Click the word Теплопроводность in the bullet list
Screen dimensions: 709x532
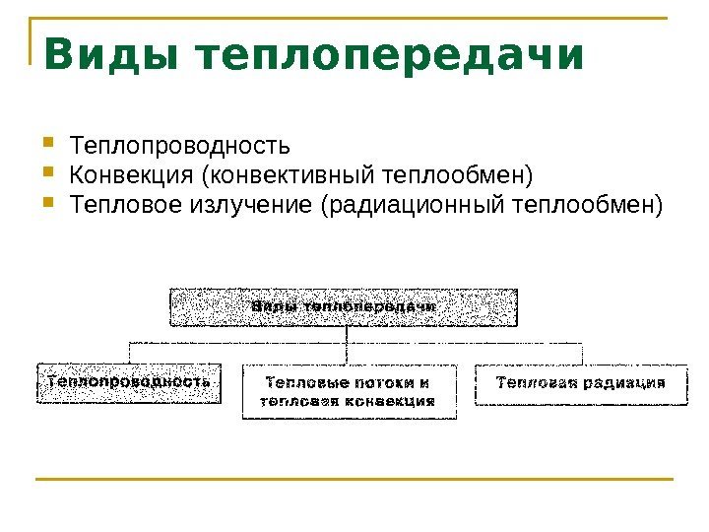pos(180,147)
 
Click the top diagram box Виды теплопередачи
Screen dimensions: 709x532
pos(344,306)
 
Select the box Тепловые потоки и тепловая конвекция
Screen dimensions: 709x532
pos(350,391)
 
